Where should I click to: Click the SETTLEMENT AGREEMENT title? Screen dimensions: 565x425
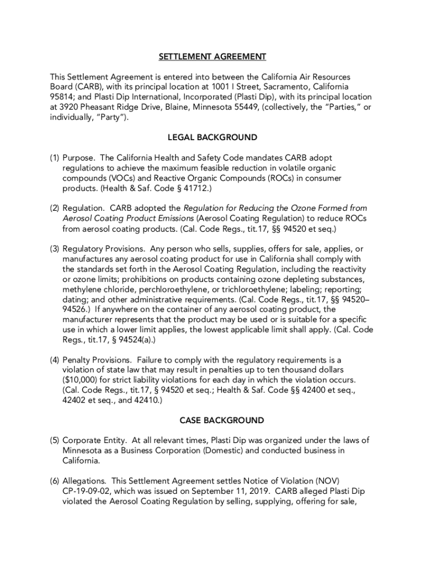[212, 57]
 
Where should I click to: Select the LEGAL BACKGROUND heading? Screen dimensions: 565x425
[212, 137]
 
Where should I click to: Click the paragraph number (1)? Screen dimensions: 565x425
[55, 158]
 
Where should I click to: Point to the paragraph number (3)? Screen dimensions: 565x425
[55, 249]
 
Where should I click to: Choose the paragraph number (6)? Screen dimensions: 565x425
[55, 481]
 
